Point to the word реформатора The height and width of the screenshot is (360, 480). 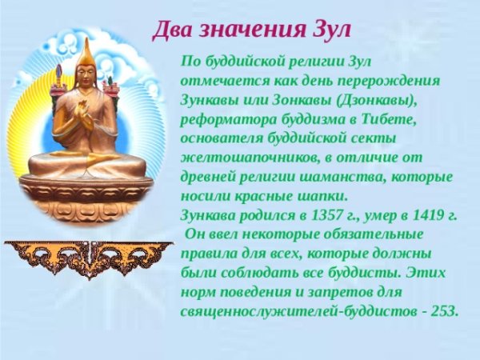point(223,118)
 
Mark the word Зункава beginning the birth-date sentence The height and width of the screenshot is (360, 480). point(210,214)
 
